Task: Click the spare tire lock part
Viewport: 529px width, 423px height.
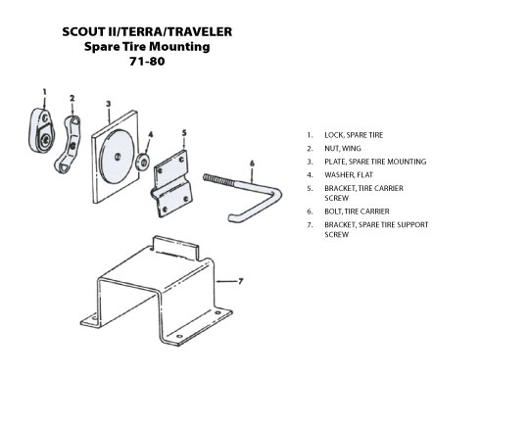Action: coord(41,130)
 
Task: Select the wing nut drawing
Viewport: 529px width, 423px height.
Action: coord(69,144)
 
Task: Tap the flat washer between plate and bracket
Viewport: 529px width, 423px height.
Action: coord(143,163)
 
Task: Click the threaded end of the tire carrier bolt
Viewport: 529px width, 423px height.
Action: coord(218,180)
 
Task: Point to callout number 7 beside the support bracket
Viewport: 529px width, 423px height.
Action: coord(241,281)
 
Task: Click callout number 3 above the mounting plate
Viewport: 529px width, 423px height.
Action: coord(109,104)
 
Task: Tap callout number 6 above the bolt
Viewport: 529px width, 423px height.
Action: coord(252,164)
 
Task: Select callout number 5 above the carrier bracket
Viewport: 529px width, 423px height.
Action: coord(184,133)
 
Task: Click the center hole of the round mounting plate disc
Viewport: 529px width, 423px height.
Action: coord(118,157)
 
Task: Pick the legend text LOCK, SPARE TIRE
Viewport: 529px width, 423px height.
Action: coord(354,135)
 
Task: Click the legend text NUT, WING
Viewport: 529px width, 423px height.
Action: coord(343,149)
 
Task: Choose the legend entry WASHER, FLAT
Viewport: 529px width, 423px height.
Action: coord(349,174)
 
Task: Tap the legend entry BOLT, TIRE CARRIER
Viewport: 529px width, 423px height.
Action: coord(357,211)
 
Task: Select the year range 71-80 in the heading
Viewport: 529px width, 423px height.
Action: coord(147,61)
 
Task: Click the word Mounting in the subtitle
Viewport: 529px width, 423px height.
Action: coord(179,47)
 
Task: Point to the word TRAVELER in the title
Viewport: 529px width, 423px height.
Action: coord(200,31)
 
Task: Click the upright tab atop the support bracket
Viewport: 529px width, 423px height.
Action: coord(175,248)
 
